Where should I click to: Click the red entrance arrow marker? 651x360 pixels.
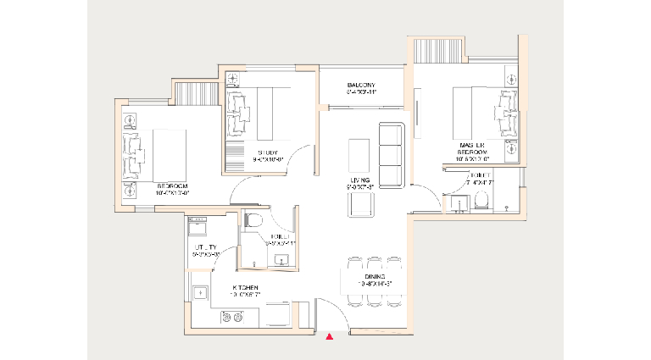[x=330, y=337]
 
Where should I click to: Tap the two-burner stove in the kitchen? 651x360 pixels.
[x=231, y=317]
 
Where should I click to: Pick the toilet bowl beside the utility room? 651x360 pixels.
[x=251, y=220]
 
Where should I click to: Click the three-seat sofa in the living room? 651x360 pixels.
[x=391, y=156]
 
